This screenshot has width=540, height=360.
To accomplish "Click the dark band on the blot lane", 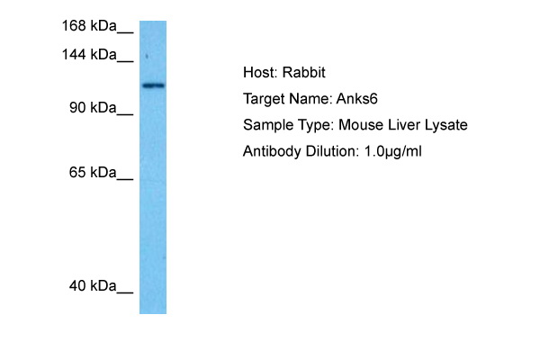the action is coord(154,85).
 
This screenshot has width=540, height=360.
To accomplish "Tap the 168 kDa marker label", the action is coord(89,26).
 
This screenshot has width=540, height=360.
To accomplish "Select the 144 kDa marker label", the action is coord(89,54).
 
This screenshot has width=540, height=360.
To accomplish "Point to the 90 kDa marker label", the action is coord(93,108).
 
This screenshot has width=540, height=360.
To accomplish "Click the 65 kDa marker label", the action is coord(93,172).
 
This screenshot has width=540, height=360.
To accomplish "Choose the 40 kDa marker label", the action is coord(93,286).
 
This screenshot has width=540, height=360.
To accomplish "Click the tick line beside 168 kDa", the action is coord(125,33).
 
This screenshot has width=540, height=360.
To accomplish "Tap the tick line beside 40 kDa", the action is coord(125,293).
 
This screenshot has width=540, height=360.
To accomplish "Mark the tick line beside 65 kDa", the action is coord(125,179).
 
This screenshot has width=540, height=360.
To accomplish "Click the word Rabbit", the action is coord(304,72).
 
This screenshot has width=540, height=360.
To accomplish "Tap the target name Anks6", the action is coord(356,99).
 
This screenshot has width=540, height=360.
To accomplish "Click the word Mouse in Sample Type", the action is coord(361,125).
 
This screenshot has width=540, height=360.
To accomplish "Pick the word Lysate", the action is coord(446,125).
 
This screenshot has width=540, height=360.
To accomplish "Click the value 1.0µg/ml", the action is coord(393,151).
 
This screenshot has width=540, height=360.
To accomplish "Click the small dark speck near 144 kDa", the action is coord(147,56).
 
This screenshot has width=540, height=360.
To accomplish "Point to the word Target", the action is coord(264,99).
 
